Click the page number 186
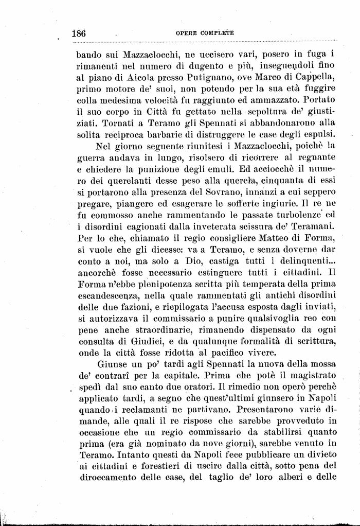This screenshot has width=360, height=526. (x=79, y=33)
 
